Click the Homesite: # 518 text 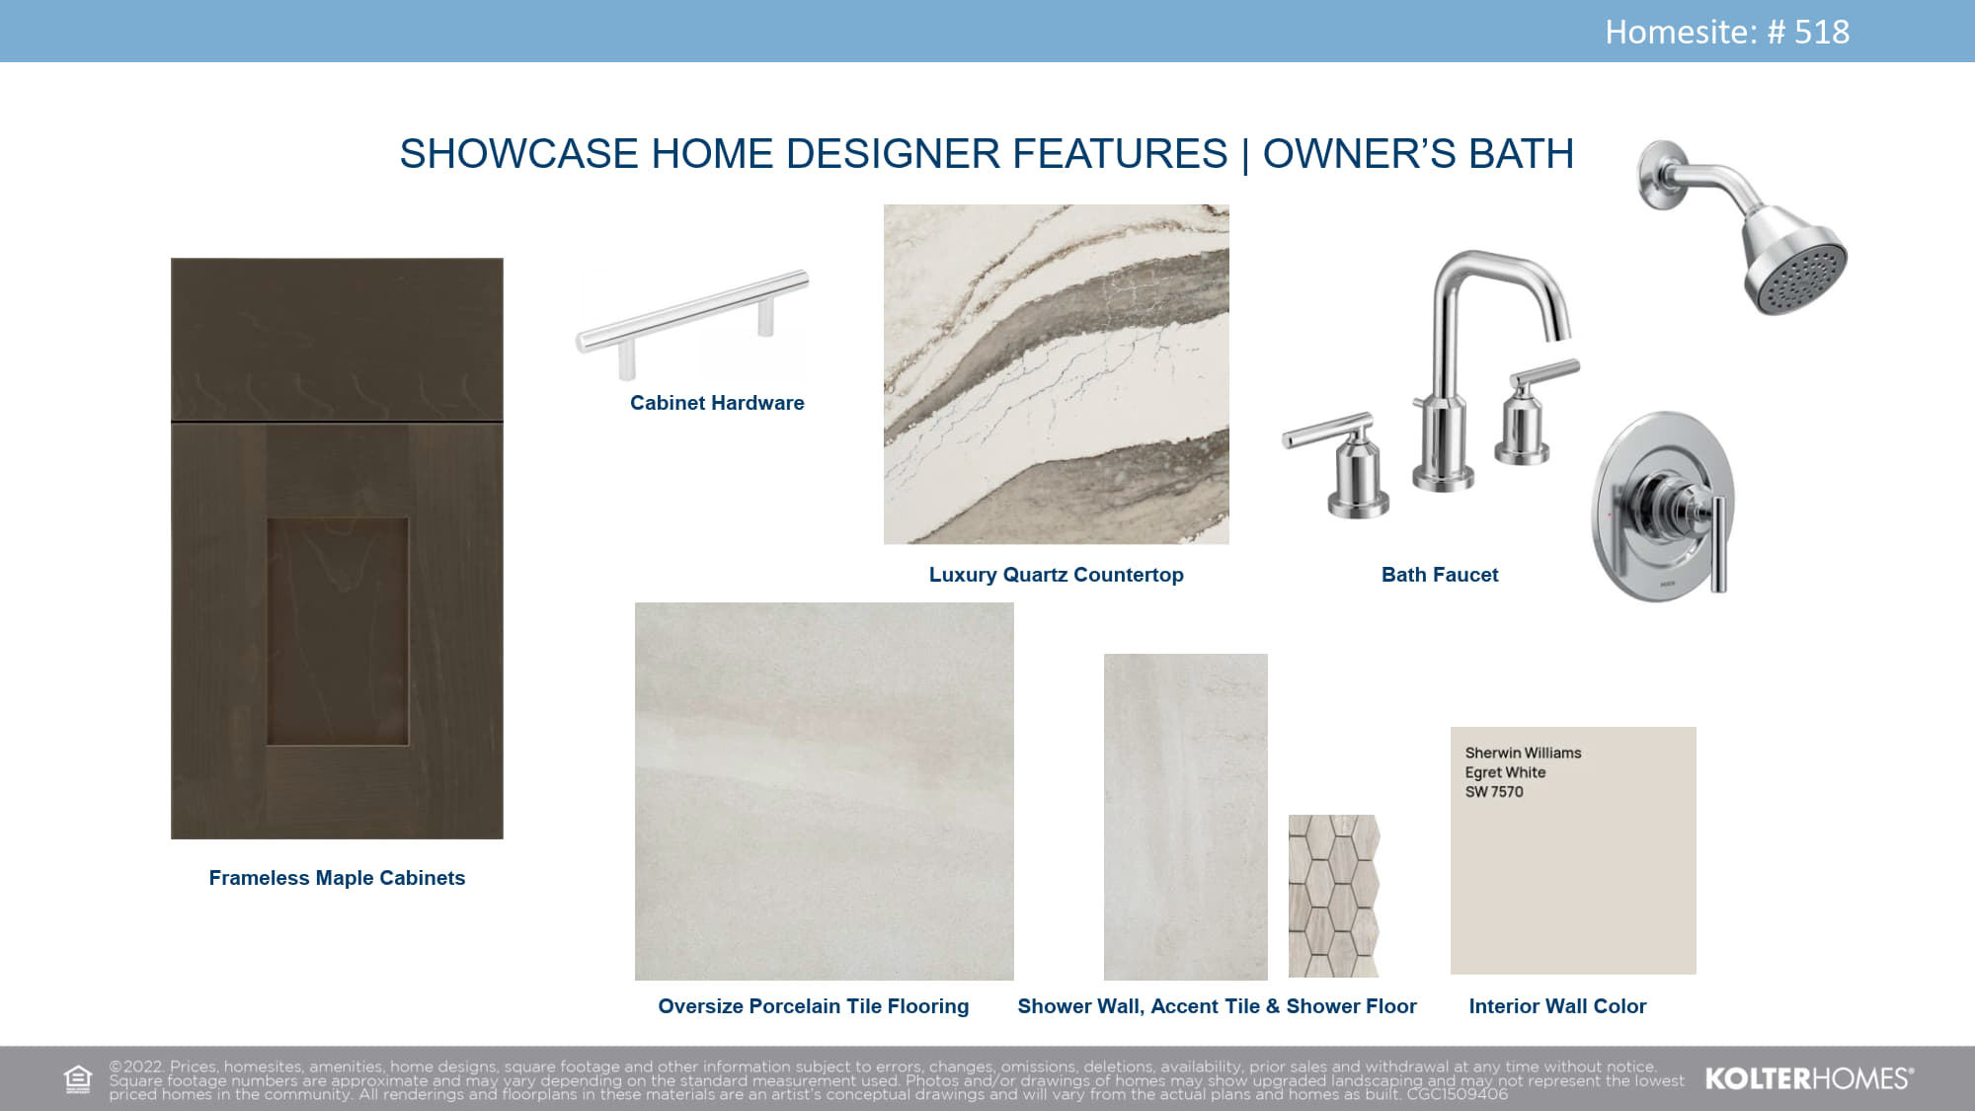point(1727,32)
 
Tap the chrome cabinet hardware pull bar point(691,311)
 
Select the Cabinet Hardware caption point(717,403)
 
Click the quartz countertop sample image point(1057,374)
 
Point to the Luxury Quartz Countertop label point(1056,575)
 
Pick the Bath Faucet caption point(1440,575)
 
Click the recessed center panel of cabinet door point(338,632)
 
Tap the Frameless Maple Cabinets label point(337,878)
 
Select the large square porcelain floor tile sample point(825,791)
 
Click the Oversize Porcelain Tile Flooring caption point(814,1006)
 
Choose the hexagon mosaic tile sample point(1333,896)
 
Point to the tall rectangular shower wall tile point(1186,817)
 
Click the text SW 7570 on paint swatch point(1494,792)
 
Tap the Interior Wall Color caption point(1557,1006)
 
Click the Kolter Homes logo point(1809,1078)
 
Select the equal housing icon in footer point(77,1079)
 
